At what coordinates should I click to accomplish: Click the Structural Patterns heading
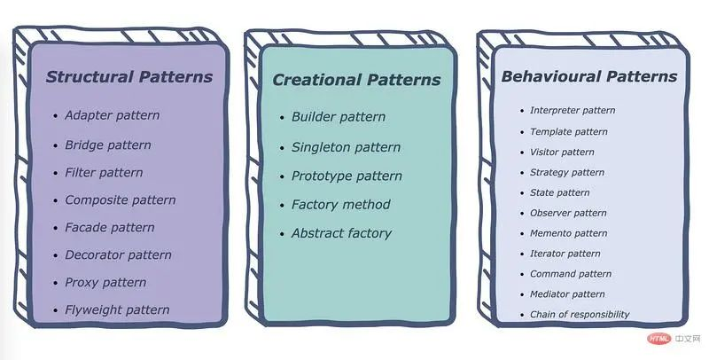pos(129,77)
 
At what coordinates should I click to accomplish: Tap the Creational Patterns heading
pos(356,80)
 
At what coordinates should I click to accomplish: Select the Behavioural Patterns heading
pos(588,76)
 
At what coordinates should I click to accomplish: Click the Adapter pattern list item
pos(112,115)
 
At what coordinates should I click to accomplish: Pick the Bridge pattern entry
pos(108,145)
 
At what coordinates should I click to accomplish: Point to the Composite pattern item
pos(121,200)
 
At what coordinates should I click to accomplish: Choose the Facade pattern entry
pos(110,227)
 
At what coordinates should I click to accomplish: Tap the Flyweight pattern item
pos(117,309)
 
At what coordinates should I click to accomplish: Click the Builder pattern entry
pos(339,117)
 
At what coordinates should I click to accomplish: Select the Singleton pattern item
pos(346,147)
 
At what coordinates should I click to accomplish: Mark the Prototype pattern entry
pos(347,176)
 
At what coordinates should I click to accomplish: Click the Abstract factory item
pos(341,233)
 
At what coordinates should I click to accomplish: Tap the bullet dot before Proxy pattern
pos(56,283)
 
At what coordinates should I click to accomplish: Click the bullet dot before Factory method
pos(282,206)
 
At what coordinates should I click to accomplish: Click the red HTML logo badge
pos(658,338)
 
